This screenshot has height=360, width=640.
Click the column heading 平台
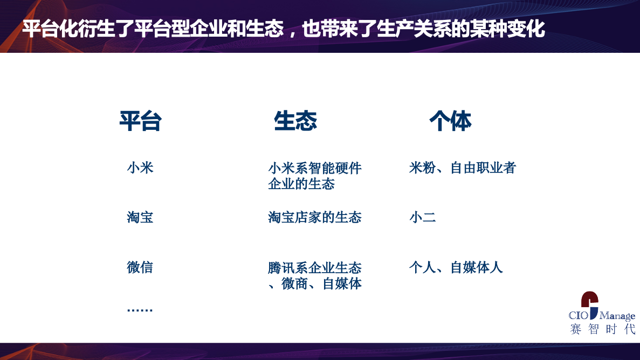pyautogui.click(x=140, y=121)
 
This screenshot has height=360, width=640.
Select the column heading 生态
pyautogui.click(x=295, y=121)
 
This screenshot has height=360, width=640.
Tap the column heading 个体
pyautogui.click(x=450, y=121)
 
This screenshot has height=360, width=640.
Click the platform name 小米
pyautogui.click(x=140, y=168)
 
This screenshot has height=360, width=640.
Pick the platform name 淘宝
pyautogui.click(x=140, y=218)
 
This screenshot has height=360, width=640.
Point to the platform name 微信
pyautogui.click(x=140, y=267)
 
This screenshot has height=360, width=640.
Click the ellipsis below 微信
pyautogui.click(x=140, y=310)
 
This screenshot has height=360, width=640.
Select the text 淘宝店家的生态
pyautogui.click(x=315, y=218)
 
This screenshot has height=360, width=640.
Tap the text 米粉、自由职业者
pyautogui.click(x=463, y=168)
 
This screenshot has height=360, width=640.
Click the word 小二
pyautogui.click(x=423, y=218)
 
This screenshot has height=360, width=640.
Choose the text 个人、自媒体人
pyautogui.click(x=456, y=267)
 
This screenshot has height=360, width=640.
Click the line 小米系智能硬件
pyautogui.click(x=315, y=168)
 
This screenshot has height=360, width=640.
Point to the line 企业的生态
pyautogui.click(x=301, y=184)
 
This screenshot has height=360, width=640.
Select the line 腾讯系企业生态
pyautogui.click(x=315, y=268)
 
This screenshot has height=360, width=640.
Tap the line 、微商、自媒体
pyautogui.click(x=315, y=283)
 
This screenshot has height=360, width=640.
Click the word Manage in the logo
pyautogui.click(x=617, y=316)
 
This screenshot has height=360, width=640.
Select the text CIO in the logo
pyautogui.click(x=579, y=315)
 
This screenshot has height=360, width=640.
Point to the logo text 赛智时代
pyautogui.click(x=602, y=329)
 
